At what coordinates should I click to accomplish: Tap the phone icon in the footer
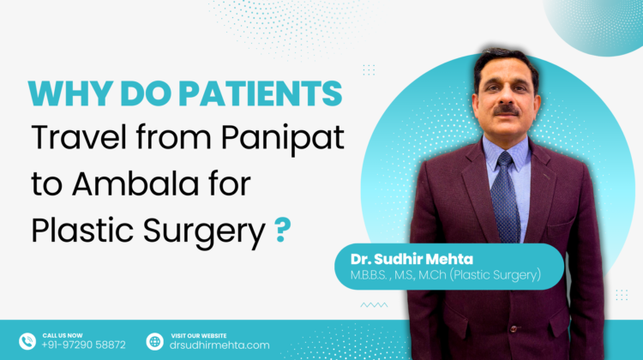(x=27, y=340)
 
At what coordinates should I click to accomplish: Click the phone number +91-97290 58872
(x=83, y=345)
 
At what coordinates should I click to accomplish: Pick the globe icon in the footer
(x=154, y=340)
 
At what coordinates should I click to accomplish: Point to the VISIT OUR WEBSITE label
(x=198, y=333)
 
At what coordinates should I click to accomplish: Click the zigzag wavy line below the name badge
(x=374, y=304)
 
